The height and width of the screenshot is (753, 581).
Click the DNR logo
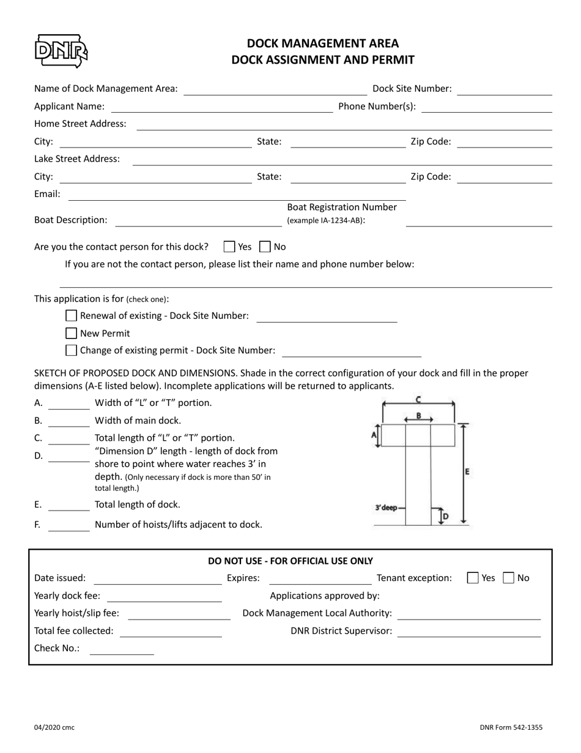(x=61, y=51)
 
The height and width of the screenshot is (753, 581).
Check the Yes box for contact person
(x=229, y=247)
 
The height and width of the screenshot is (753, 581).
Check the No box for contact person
(x=265, y=247)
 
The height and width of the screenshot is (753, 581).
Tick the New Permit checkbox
(x=72, y=333)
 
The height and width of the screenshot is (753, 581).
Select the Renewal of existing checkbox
(x=72, y=316)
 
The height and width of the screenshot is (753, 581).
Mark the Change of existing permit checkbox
(x=72, y=350)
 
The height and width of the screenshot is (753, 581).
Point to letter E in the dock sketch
(x=468, y=472)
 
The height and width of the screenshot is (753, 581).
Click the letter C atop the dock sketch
(x=418, y=399)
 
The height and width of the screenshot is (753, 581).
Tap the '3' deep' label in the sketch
(x=386, y=508)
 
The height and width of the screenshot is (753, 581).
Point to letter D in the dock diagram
(x=446, y=517)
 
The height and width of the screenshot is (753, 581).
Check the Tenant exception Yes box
(x=473, y=577)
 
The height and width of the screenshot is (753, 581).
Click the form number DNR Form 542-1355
(x=511, y=727)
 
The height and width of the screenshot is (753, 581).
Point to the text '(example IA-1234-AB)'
(x=325, y=220)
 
